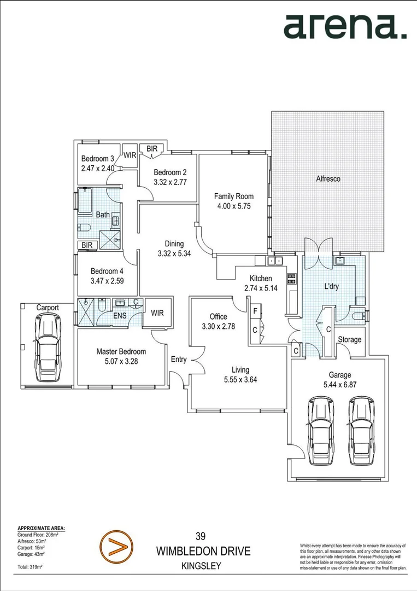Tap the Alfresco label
[328, 179]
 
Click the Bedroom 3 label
[97, 159]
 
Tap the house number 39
[201, 537]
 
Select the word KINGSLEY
[201, 566]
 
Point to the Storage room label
[349, 339]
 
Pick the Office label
[219, 316]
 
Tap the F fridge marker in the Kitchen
[254, 311]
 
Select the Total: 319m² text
[30, 566]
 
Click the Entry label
[179, 360]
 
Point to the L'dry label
[333, 286]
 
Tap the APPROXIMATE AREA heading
[42, 528]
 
